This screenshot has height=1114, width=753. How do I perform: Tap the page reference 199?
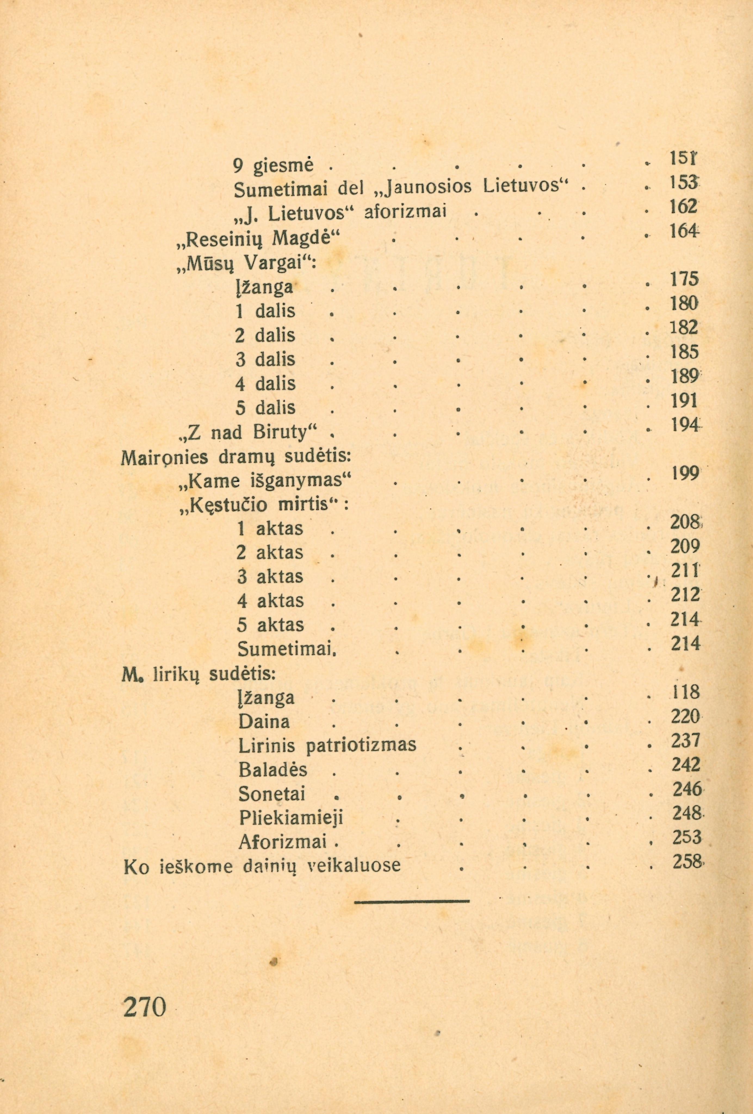[x=685, y=474]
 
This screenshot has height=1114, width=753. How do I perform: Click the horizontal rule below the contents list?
[x=412, y=901]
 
